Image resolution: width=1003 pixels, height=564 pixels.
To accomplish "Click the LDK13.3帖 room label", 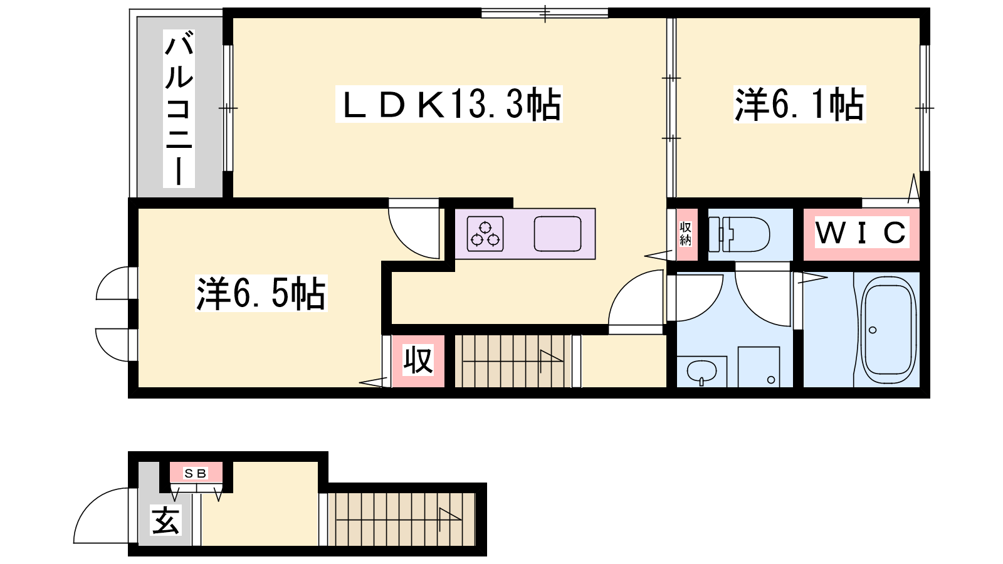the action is pos(449,104).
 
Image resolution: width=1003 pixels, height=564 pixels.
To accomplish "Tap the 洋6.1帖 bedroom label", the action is pos(800,104).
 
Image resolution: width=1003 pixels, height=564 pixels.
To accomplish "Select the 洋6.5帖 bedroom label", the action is pos(261,294).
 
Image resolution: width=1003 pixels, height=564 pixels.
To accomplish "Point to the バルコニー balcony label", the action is pos(179,108).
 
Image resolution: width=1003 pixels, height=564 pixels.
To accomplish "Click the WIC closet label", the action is pos(861,232).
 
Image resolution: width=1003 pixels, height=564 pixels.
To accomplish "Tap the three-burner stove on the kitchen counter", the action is pos(485,234).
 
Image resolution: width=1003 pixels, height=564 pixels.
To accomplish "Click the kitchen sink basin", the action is pos(557,234).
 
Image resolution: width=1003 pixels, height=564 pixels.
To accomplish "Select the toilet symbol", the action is pos(739,234).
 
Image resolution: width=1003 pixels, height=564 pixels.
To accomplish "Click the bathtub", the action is pos(888,330).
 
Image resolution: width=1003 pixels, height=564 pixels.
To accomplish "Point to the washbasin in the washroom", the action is pos(701,372).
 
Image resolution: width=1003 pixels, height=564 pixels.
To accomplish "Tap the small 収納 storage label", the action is pos(686,233).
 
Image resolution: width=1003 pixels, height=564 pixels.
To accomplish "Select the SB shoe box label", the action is pos(196,473).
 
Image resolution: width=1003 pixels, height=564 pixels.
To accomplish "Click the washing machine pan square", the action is pos(759,367).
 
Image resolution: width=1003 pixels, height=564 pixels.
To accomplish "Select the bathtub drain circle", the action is pos(872,330).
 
